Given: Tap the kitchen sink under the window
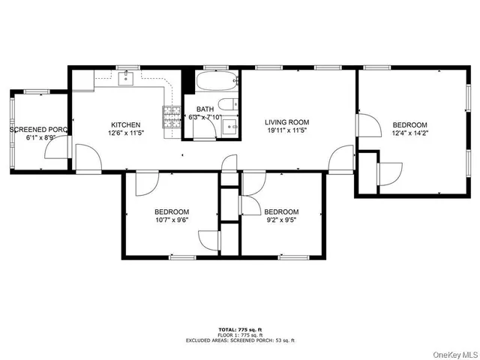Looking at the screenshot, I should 126,76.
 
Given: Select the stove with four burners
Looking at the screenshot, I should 172,114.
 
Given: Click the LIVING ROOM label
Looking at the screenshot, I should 286,122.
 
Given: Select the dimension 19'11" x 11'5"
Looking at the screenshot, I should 286,130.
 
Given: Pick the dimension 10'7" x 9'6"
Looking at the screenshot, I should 172,220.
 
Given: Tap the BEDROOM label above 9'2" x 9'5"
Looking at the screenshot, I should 281,211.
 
